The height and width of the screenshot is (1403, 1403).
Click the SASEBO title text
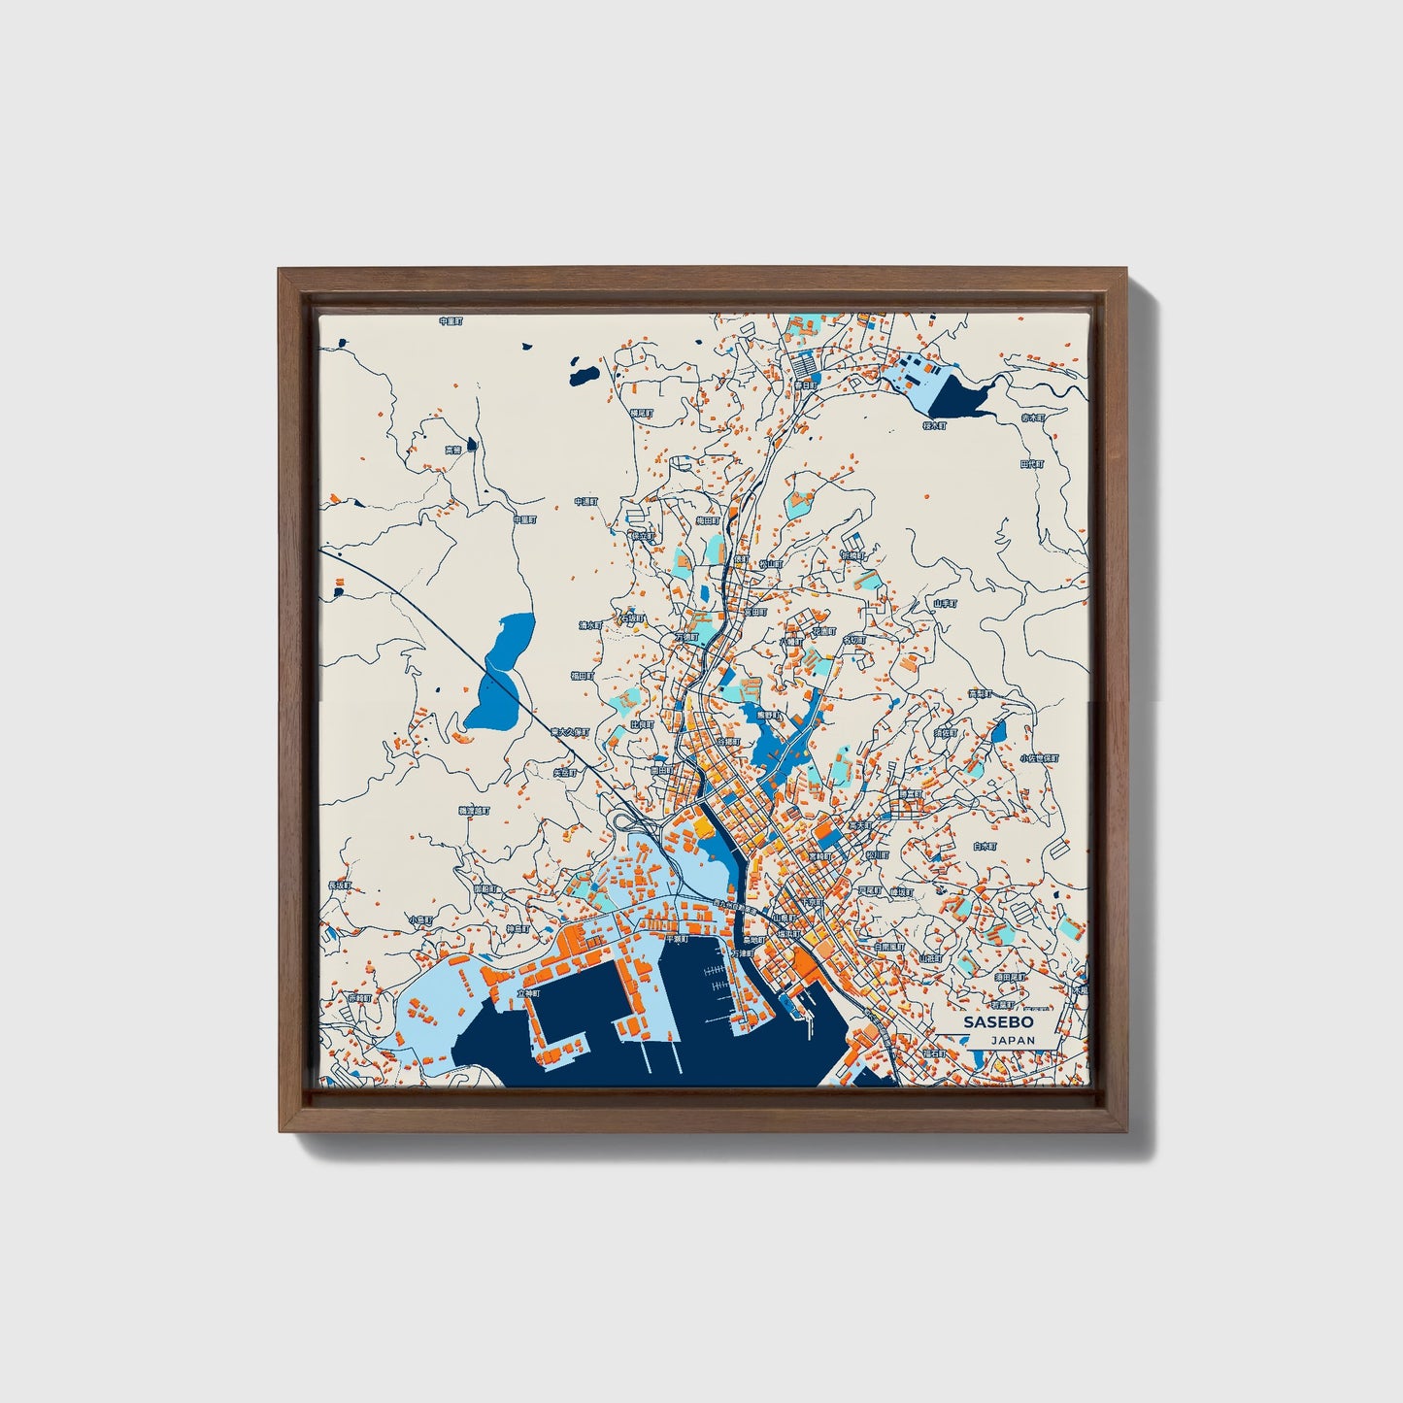(x=999, y=1022)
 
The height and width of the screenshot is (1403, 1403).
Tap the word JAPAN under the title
(x=1013, y=1040)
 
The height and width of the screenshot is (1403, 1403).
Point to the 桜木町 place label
(x=933, y=425)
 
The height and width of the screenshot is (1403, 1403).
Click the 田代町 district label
(x=1031, y=464)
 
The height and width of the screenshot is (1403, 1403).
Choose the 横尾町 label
(x=641, y=413)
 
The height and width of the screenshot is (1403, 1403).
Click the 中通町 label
(x=585, y=502)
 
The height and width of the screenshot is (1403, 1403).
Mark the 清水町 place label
(x=591, y=625)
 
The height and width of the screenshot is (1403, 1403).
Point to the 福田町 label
(x=582, y=675)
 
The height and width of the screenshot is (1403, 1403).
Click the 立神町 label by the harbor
(x=528, y=993)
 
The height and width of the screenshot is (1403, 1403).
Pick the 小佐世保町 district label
(x=1038, y=757)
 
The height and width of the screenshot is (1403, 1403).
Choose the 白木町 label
(x=985, y=847)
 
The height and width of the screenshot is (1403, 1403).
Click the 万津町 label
(x=742, y=953)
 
